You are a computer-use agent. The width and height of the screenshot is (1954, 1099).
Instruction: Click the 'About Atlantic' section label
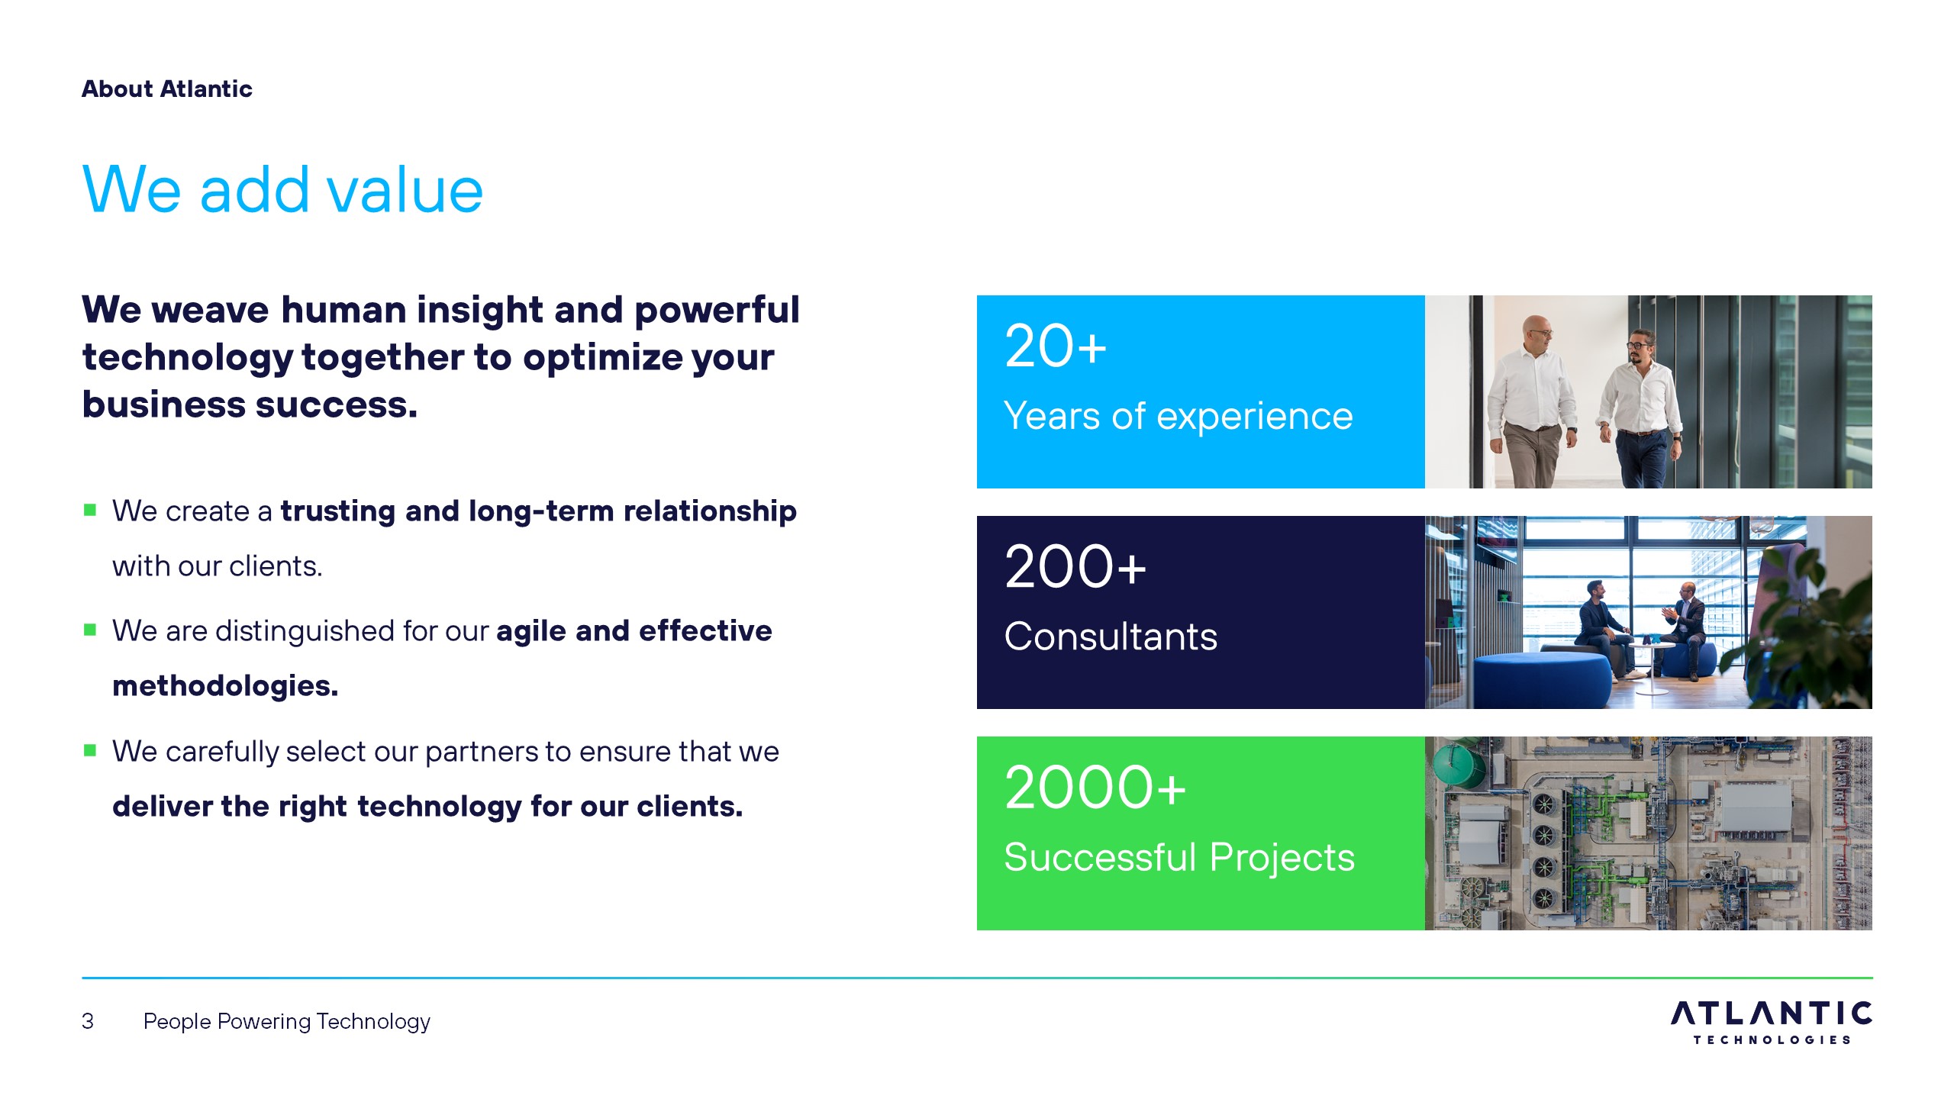tap(166, 89)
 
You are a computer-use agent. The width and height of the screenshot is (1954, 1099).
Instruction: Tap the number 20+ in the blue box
tap(1056, 346)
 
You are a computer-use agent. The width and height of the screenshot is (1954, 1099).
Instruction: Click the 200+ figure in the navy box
tap(1075, 567)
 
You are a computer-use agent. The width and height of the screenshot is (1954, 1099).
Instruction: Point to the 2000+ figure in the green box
tap(1095, 788)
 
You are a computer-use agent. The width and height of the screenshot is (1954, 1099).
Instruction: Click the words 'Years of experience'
tap(1179, 417)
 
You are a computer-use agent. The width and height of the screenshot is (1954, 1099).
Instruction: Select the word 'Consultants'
tap(1111, 637)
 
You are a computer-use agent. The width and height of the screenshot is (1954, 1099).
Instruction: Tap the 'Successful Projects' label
tap(1179, 857)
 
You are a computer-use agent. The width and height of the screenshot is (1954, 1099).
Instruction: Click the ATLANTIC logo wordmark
tap(1772, 1014)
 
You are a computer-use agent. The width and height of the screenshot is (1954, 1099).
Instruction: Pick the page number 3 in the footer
tap(88, 1021)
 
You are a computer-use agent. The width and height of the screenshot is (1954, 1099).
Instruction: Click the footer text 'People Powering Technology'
tap(287, 1022)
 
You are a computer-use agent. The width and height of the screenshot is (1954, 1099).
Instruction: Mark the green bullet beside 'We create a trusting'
tap(90, 510)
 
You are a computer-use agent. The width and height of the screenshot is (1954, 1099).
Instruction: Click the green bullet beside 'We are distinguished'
tap(90, 630)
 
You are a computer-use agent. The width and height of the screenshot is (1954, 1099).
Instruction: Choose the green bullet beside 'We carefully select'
tap(90, 750)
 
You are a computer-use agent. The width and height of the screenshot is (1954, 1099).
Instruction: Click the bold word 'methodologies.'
tap(225, 686)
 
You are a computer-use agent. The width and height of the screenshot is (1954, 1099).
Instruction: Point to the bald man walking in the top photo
tap(1530, 401)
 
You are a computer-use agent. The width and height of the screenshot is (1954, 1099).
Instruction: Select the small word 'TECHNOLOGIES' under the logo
tap(1772, 1040)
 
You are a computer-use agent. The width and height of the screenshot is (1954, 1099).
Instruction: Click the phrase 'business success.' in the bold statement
tap(250, 404)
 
